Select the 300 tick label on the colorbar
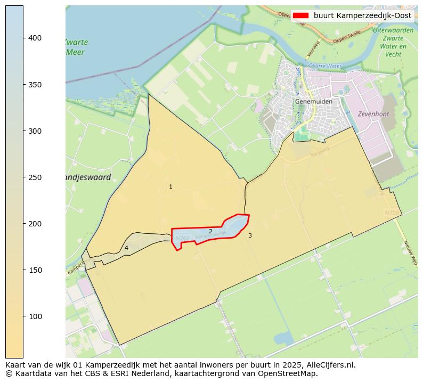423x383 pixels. (35, 131)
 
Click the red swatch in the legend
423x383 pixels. (300, 16)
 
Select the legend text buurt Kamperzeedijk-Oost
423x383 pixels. (362, 16)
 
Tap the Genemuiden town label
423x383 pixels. (314, 102)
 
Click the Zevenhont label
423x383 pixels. (373, 114)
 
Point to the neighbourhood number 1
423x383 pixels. (170, 187)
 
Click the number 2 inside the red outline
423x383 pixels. (210, 231)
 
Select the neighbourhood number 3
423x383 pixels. (250, 235)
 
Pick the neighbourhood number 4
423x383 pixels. (126, 248)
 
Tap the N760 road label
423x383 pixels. (182, 238)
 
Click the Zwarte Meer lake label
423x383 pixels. (76, 47)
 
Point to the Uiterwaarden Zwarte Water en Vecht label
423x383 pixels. (393, 42)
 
